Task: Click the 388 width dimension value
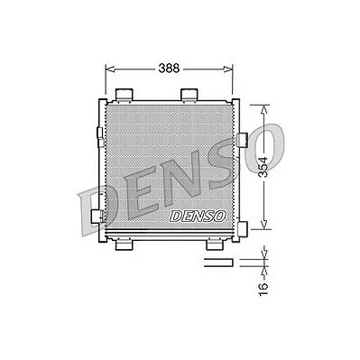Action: point(169,69)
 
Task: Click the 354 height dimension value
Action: point(263,167)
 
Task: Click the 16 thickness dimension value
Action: point(263,290)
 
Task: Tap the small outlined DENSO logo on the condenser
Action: point(198,216)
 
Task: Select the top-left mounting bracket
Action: point(124,95)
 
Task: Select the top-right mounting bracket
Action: point(189,95)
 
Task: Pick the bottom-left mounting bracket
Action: point(124,244)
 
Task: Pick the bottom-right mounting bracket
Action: point(215,244)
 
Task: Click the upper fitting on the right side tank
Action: point(243,140)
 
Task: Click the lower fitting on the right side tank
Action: point(242,229)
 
